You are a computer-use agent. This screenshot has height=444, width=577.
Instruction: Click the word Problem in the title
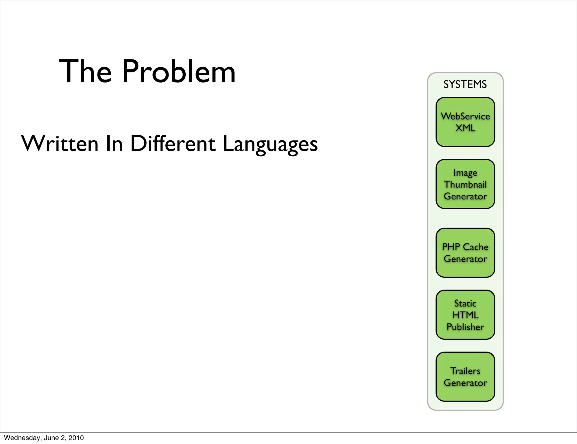click(179, 72)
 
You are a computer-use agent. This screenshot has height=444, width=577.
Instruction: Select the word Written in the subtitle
click(60, 144)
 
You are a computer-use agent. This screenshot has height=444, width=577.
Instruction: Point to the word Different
click(173, 144)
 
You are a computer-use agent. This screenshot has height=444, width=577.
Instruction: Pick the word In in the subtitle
click(114, 144)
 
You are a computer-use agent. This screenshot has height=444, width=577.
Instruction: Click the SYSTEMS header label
click(465, 84)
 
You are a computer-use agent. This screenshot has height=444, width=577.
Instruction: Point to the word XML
click(465, 128)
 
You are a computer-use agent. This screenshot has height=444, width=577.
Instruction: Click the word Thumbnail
click(465, 185)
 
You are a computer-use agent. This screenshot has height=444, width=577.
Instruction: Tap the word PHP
click(451, 247)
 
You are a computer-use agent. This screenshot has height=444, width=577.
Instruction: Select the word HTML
click(465, 315)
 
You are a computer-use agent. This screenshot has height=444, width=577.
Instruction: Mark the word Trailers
click(465, 371)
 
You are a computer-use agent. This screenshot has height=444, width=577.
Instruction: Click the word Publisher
click(465, 327)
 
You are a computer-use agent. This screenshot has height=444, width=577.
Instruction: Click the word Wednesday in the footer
click(18, 438)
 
